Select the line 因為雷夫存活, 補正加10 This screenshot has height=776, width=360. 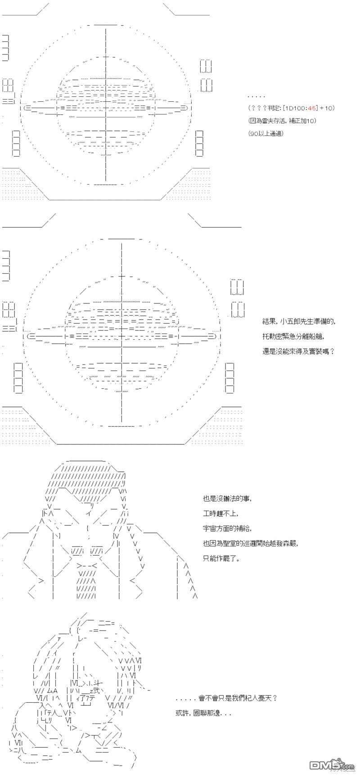[282, 121]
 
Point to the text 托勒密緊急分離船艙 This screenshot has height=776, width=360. [293, 336]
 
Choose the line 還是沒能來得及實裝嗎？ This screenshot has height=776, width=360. [298, 350]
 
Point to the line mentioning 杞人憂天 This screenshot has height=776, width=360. [227, 698]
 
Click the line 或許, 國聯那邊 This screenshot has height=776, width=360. [204, 713]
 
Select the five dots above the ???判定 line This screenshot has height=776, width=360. [256, 96]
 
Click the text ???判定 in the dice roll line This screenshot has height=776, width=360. [263, 108]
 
